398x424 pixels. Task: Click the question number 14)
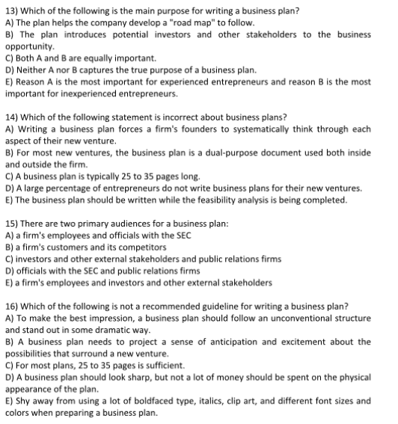click(12, 117)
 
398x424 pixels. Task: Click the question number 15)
click(12, 224)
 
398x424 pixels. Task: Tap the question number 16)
click(12, 307)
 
